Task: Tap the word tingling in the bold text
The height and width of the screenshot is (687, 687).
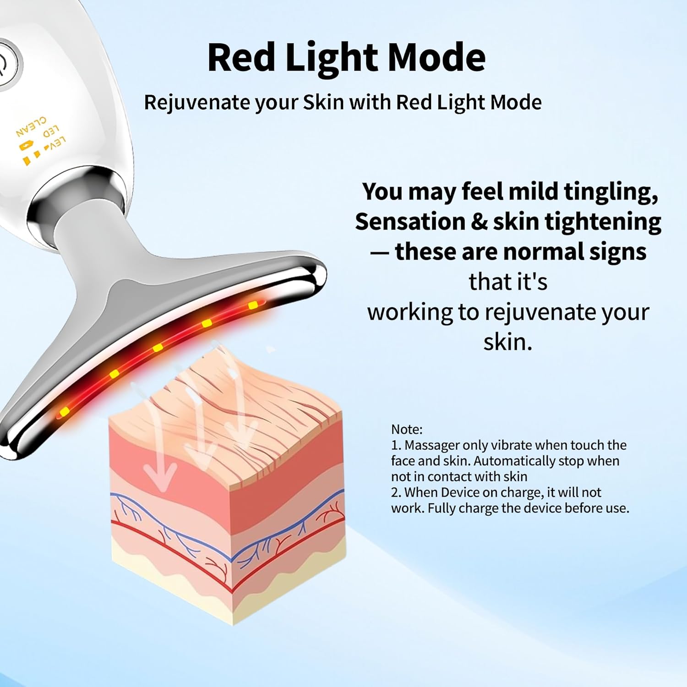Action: [x=611, y=192]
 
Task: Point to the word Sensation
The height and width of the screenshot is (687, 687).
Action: [x=410, y=222]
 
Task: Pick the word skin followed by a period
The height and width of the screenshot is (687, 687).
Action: [x=508, y=342]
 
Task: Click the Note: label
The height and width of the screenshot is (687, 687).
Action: [x=407, y=430]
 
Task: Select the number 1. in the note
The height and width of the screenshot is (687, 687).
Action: [x=396, y=445]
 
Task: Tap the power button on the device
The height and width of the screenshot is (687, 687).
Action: [x=5, y=64]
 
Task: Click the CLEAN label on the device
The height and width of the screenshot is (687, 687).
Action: [x=31, y=126]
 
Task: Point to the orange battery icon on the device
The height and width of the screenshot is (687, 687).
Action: [x=26, y=146]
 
